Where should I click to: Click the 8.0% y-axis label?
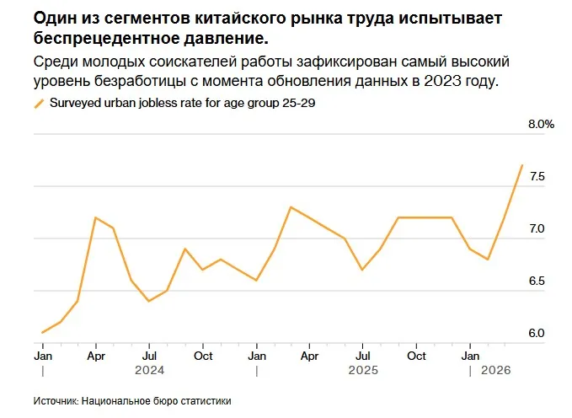click(x=541, y=124)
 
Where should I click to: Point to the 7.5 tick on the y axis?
click(x=537, y=176)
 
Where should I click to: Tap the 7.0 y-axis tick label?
click(x=537, y=228)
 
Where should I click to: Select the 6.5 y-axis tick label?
click(x=537, y=281)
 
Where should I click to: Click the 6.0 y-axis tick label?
click(x=537, y=333)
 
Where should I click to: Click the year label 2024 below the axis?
click(x=148, y=369)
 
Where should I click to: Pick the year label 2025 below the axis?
click(x=363, y=369)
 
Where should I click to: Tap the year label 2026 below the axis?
click(x=495, y=369)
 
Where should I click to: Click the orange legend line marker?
click(x=38, y=104)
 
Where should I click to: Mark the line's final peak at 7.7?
click(x=522, y=165)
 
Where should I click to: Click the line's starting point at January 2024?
click(x=42, y=333)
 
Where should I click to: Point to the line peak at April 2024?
click(x=95, y=217)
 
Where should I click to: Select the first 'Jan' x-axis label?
click(x=42, y=355)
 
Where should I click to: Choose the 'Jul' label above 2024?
click(x=148, y=355)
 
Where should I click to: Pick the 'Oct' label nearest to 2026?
click(x=416, y=355)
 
